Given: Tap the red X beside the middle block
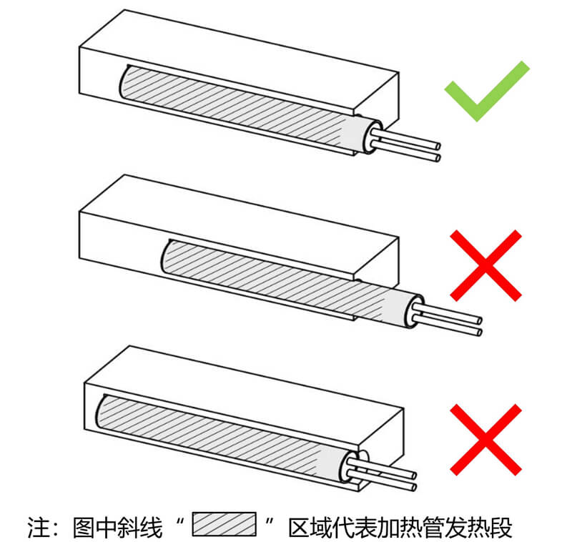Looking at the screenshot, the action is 486,265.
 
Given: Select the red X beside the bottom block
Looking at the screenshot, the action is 486,440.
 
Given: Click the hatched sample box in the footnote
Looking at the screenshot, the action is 224,524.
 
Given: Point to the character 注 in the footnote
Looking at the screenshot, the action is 39,527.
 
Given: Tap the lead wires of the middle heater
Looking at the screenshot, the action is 450,320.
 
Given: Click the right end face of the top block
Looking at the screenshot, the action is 377,97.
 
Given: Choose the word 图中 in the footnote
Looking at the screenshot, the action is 95,527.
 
